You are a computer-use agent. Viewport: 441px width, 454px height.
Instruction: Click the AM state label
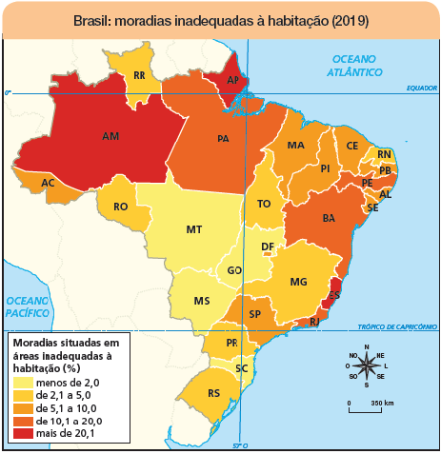[x=110, y=137]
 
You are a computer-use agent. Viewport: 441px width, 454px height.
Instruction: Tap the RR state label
[x=139, y=75]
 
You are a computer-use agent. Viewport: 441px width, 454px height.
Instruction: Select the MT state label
[x=194, y=230]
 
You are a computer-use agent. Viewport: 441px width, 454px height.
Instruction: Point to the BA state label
[x=330, y=219]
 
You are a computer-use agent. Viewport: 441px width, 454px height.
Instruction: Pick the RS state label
[x=214, y=392]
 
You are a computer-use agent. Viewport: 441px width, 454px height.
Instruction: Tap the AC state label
[x=48, y=183]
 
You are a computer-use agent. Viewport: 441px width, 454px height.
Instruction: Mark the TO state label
[x=264, y=204]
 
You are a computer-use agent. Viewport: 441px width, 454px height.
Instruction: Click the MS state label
[x=201, y=301]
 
